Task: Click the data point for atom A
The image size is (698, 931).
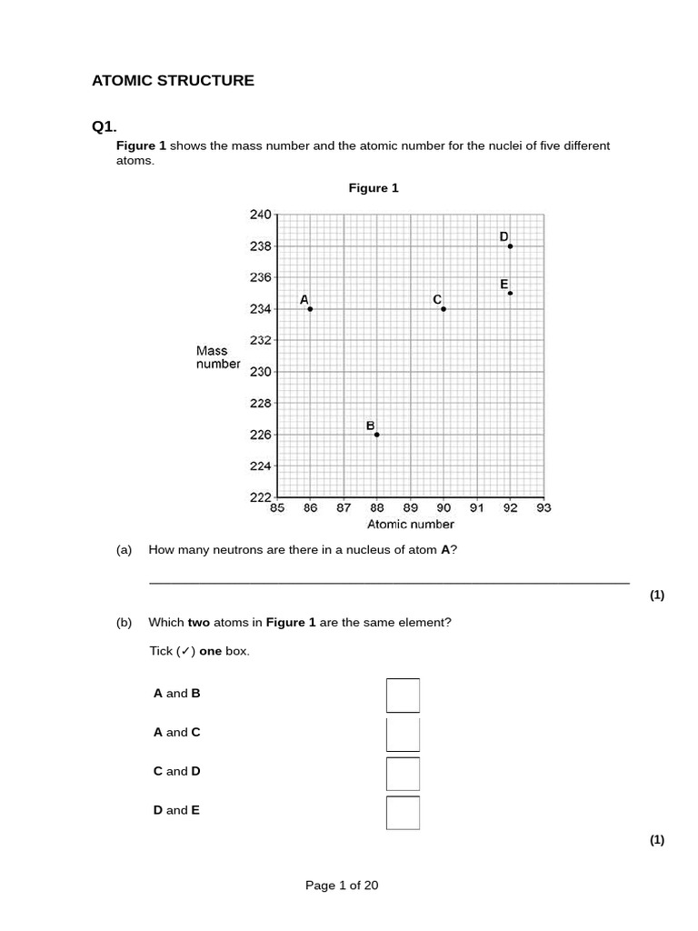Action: click(310, 309)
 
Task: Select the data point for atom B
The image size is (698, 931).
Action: click(376, 435)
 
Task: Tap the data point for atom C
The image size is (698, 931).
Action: click(444, 309)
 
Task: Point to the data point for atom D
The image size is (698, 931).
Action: click(510, 246)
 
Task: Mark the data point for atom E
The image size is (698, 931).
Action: click(510, 293)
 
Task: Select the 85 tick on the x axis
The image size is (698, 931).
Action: click(277, 508)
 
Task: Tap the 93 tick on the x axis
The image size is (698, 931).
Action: click(543, 508)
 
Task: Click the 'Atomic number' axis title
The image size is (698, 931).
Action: click(410, 525)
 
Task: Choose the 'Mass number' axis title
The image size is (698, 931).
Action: click(218, 357)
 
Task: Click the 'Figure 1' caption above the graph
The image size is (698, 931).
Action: click(374, 188)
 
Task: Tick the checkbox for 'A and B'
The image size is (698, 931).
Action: click(403, 696)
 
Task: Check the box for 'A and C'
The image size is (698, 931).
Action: click(403, 735)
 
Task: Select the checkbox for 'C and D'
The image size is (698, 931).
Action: click(403, 774)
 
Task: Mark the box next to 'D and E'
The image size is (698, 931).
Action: click(403, 813)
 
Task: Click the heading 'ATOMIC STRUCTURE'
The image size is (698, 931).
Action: click(173, 81)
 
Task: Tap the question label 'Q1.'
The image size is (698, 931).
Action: click(105, 127)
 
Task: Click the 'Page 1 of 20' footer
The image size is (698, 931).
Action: click(342, 886)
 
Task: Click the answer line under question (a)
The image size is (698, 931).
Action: click(389, 582)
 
